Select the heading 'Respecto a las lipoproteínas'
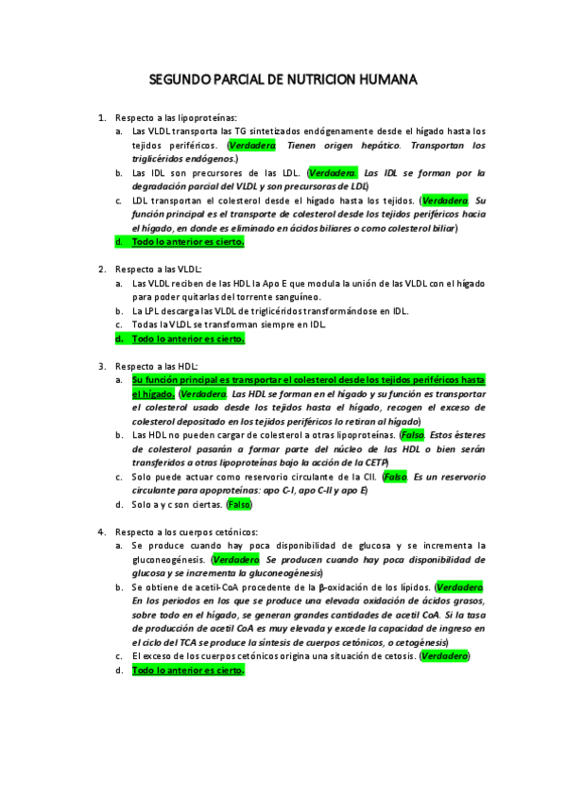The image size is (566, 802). [x=177, y=117]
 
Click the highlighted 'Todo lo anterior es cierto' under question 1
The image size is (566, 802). [x=188, y=242]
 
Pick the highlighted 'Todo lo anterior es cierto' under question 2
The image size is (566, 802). [x=188, y=339]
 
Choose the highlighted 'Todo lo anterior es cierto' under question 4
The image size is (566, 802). [x=188, y=670]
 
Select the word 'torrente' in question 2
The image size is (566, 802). [x=261, y=296]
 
